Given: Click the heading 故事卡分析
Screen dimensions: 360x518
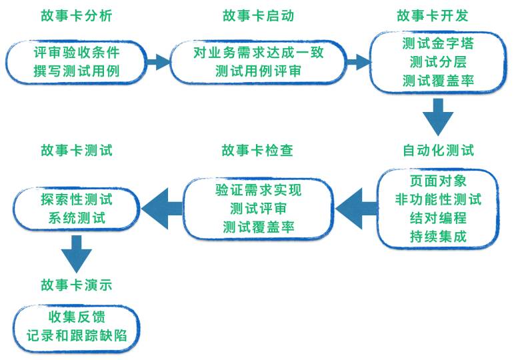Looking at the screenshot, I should (x=76, y=15).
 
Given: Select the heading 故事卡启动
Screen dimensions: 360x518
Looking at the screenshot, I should (x=257, y=15).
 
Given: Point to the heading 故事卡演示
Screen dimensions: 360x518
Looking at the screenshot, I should (x=76, y=285).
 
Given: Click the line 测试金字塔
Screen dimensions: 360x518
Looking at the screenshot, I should (x=438, y=45).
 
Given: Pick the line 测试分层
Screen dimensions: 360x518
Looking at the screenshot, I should (x=438, y=63).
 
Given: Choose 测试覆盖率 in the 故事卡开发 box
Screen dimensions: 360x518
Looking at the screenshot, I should (x=438, y=81).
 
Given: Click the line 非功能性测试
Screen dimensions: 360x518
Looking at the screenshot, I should (x=438, y=199).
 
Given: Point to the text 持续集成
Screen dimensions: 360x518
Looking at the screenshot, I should (x=438, y=236).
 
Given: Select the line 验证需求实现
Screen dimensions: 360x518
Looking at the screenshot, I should (x=258, y=189).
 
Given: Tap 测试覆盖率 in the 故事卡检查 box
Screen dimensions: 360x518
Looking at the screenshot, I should (x=258, y=227).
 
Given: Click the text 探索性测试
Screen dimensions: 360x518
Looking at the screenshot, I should (x=76, y=199).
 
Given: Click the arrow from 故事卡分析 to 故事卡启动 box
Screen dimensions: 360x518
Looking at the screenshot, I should (x=159, y=62).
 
